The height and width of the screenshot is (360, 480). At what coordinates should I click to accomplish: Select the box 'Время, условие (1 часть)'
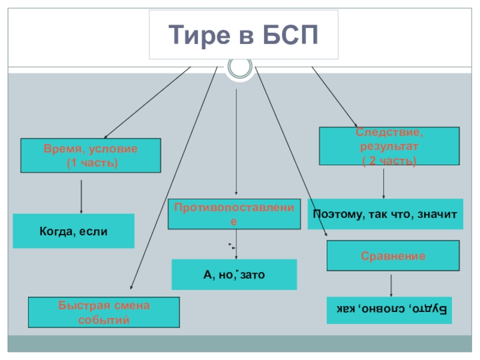91,155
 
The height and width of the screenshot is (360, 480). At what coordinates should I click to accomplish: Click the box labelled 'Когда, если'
74,231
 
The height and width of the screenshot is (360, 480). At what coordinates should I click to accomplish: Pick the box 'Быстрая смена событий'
104,312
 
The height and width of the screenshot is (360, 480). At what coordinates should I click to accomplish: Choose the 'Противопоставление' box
235,214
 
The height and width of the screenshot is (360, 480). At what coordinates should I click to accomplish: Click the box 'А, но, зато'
234,275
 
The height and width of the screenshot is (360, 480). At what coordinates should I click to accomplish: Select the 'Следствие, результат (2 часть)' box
389,146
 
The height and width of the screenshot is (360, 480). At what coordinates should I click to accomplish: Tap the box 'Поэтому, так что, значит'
385,214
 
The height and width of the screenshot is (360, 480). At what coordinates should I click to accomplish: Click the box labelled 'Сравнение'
393,256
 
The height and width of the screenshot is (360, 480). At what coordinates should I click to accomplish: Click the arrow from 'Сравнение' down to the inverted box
392,285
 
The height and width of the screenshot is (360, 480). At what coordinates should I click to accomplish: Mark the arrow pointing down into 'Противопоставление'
236,144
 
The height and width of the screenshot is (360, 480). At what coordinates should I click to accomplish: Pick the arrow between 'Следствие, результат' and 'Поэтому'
384,181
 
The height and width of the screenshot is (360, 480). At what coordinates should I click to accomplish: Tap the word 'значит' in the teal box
442,214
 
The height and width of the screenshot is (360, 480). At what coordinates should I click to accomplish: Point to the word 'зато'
253,275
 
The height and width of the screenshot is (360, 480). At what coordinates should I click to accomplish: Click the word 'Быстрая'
79,305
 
